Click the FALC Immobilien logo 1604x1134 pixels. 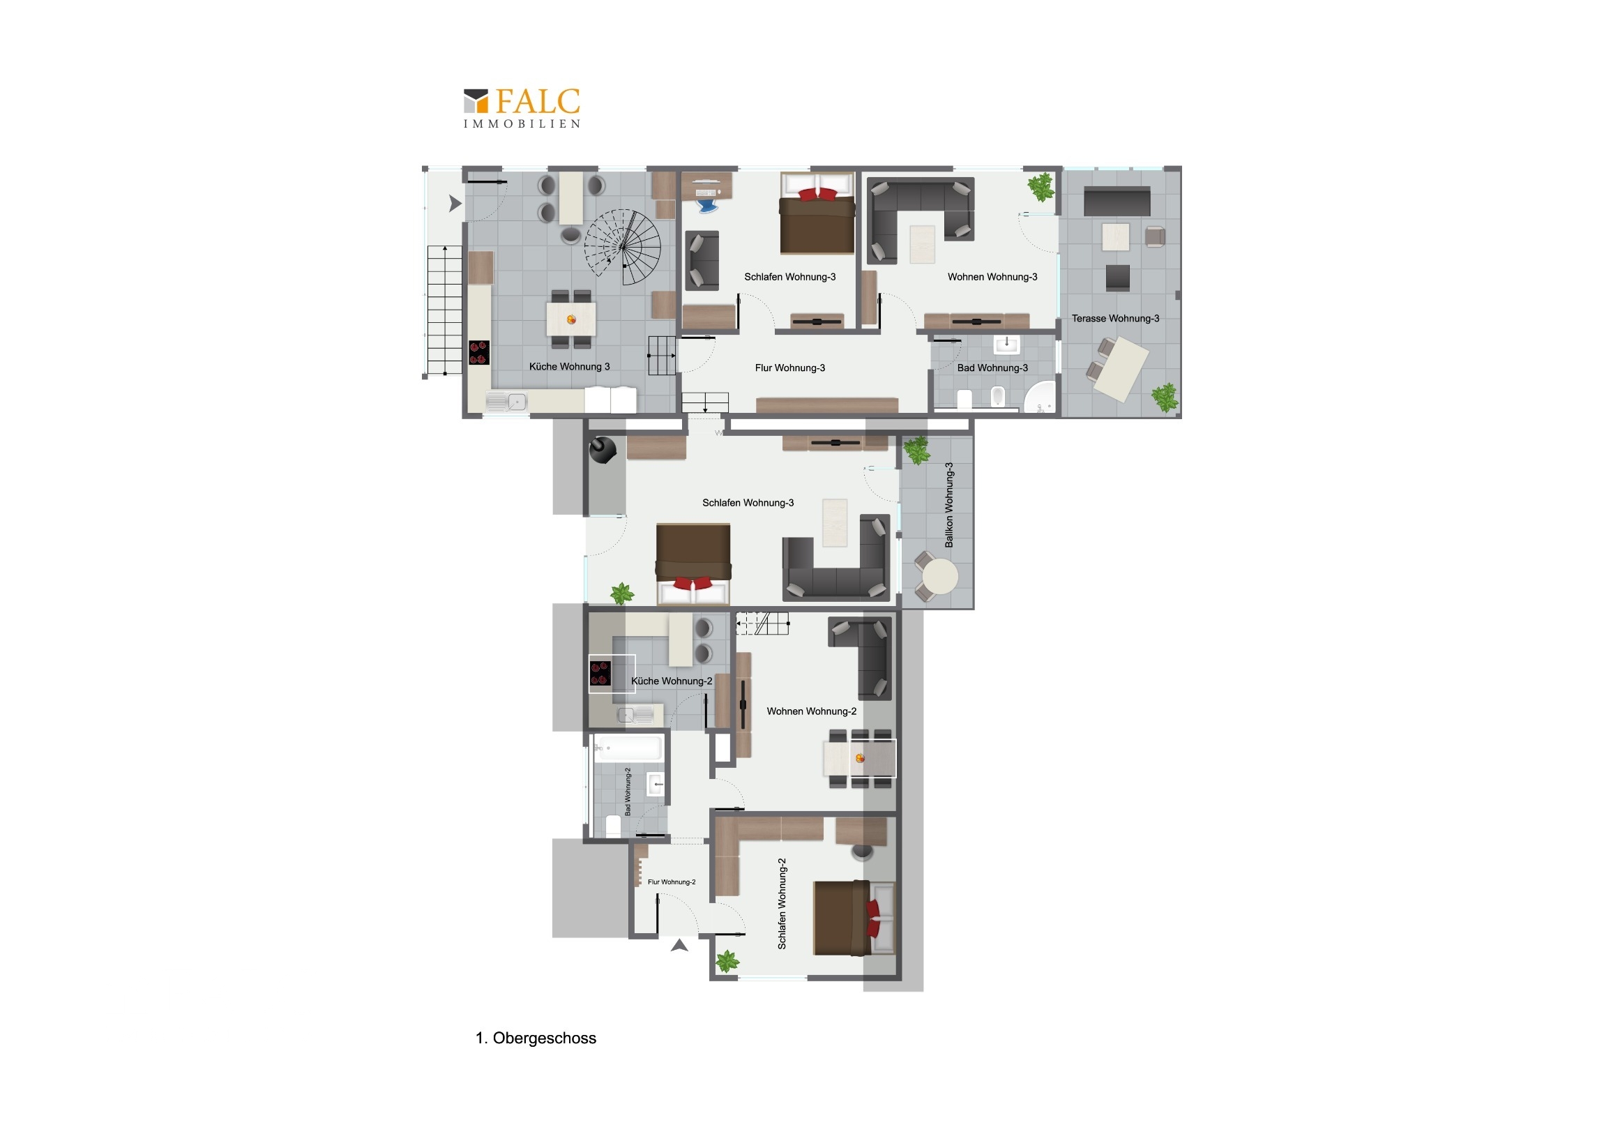(521, 107)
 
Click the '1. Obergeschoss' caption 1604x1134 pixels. (536, 1038)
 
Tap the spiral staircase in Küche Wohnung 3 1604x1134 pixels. (623, 247)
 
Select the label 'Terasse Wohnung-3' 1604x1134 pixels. (1115, 319)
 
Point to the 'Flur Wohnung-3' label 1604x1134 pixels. (789, 368)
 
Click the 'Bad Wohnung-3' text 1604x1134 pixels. (992, 368)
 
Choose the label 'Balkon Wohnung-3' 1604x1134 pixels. (948, 504)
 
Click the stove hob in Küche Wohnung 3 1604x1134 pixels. (478, 353)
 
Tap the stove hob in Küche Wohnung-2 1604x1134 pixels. (600, 674)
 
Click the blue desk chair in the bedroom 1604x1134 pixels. (707, 205)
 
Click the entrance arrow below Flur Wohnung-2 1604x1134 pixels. (679, 946)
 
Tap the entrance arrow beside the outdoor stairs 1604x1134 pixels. (455, 204)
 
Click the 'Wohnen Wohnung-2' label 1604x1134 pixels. (811, 711)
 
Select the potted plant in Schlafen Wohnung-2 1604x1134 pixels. (727, 962)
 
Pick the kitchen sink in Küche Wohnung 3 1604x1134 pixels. (506, 402)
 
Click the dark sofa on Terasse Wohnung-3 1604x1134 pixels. (1117, 202)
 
